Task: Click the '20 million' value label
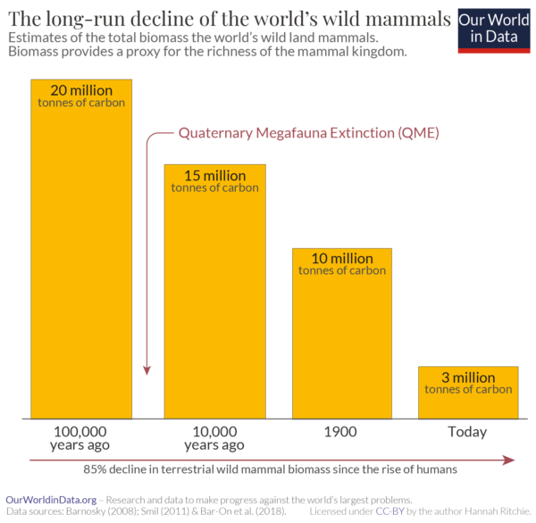pos(81,89)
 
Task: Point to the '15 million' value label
pos(214,175)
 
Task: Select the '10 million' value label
pos(342,259)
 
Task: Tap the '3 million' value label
pos(468,378)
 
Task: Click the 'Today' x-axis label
pos(468,432)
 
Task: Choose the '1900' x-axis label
pos(341,432)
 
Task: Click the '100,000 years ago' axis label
pos(81,437)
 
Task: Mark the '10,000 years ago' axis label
pos(214,437)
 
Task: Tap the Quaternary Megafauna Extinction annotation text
pos(309,133)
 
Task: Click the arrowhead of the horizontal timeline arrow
pos(510,460)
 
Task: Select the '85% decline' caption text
pos(270,469)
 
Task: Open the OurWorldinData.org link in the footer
pos(51,499)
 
